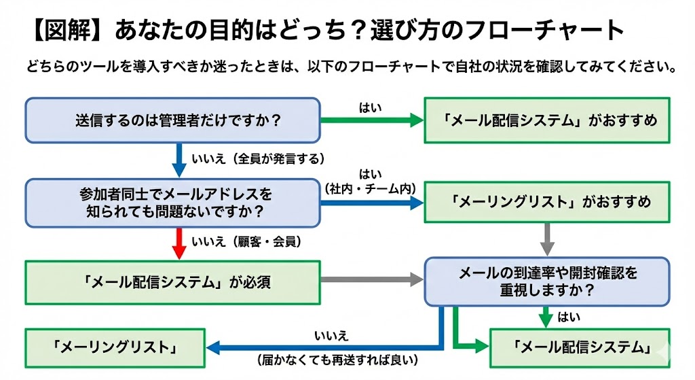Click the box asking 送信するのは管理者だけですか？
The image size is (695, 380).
coord(172,120)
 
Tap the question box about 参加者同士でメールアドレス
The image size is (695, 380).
coord(172,203)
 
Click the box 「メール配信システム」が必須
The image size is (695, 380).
coord(172,280)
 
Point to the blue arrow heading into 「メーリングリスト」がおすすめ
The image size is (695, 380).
coord(372,203)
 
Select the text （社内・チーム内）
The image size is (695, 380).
coord(371,187)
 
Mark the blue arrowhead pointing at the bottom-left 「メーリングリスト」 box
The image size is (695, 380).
coord(214,347)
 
